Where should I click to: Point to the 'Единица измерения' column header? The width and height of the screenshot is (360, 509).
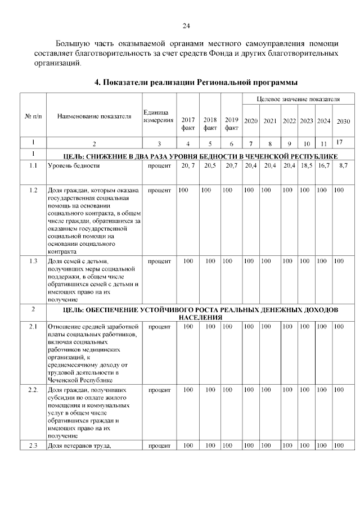click(x=159, y=116)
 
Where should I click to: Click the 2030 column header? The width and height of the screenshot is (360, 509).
click(x=343, y=121)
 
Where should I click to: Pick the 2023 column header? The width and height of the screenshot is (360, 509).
click(x=307, y=121)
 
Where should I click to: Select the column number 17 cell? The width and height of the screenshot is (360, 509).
click(x=339, y=143)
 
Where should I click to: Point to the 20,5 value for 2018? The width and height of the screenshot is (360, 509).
click(x=210, y=165)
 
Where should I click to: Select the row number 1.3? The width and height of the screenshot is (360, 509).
click(x=33, y=261)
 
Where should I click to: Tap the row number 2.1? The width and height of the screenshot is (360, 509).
click(x=33, y=327)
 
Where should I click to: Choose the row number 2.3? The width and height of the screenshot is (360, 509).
click(x=33, y=446)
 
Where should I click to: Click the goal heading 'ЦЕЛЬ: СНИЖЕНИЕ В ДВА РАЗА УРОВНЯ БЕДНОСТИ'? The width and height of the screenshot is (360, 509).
click(x=200, y=155)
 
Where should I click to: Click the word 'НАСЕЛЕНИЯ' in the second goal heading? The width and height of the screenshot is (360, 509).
click(x=200, y=317)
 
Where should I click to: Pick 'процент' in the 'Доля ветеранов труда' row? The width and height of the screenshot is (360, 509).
click(x=159, y=446)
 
